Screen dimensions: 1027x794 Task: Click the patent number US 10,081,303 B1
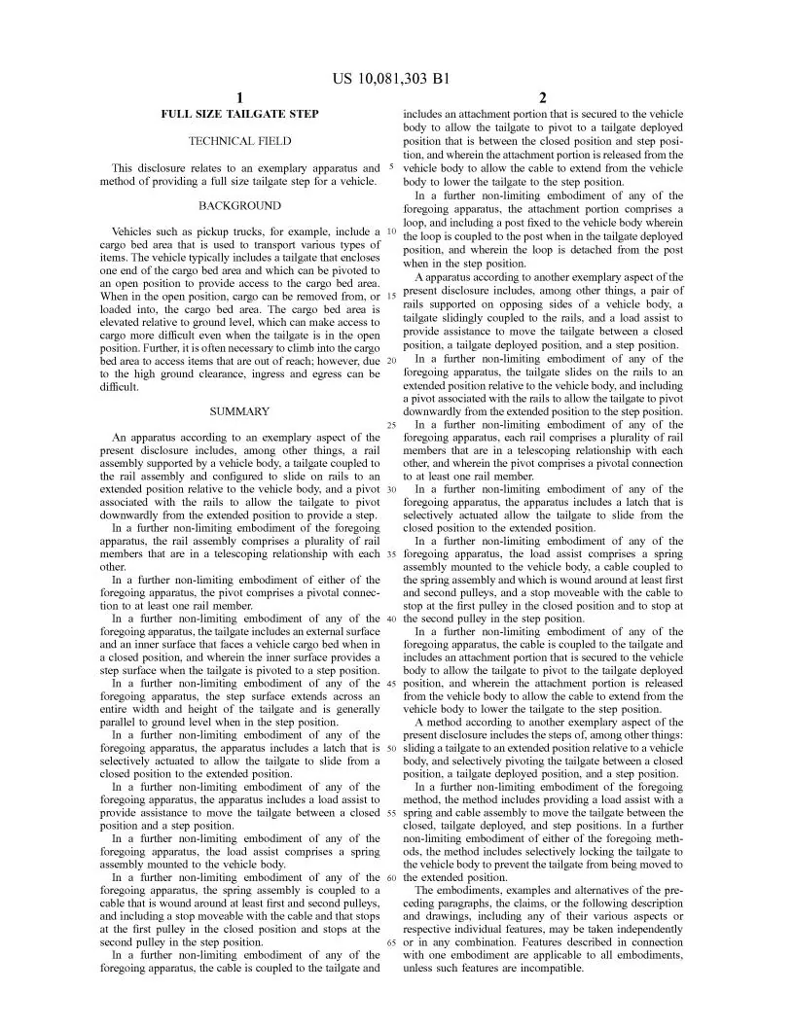tap(397, 78)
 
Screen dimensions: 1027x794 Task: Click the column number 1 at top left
tap(239, 97)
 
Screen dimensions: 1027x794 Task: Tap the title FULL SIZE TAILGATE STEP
tap(239, 115)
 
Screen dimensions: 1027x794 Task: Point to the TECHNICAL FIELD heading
tap(239, 141)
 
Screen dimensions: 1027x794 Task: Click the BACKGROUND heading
tap(239, 206)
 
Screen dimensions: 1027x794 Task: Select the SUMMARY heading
tap(239, 411)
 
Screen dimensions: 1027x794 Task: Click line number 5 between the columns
tap(391, 166)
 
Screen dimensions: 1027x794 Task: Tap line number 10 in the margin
tap(390, 231)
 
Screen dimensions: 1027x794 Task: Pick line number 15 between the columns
tap(390, 296)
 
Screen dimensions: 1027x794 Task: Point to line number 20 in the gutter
tap(390, 361)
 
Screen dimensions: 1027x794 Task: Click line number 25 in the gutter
tap(390, 425)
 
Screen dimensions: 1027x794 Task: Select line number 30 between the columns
tap(390, 489)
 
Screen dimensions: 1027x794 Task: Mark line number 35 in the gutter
tap(390, 554)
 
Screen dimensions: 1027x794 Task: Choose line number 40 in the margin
tap(390, 619)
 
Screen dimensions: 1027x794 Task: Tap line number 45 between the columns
tap(390, 684)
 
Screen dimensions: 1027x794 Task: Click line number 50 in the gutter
tap(390, 748)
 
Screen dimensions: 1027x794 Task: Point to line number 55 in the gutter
tap(390, 813)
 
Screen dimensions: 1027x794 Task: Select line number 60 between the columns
tap(390, 877)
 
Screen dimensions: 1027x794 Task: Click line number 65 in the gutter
tap(390, 942)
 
